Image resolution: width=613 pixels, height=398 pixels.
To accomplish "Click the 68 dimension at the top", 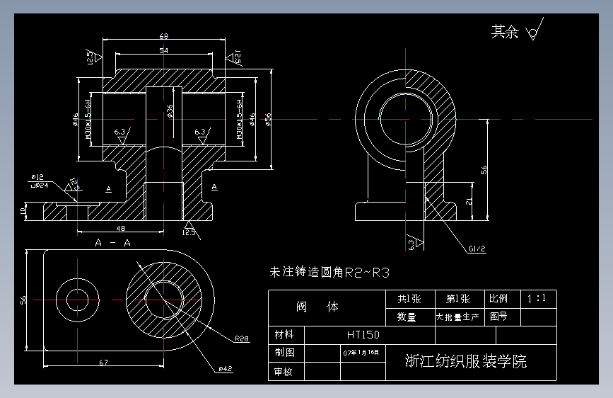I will tap(163, 35).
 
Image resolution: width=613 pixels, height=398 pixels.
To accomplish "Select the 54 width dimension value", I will tap(163, 51).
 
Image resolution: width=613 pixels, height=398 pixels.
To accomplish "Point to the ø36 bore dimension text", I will tap(170, 111).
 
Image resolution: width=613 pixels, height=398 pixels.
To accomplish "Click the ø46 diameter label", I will tap(75, 119).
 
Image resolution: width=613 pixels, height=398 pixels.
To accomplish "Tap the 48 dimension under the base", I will tap(121, 228).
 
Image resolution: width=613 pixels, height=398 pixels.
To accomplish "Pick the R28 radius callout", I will tap(242, 338).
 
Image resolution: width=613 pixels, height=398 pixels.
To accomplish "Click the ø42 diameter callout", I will tap(226, 369).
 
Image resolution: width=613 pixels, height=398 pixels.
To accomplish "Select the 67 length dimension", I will tap(103, 363).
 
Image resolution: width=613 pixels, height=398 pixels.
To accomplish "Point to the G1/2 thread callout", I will tap(477, 249).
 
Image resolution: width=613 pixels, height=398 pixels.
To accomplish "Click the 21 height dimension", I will tap(469, 202).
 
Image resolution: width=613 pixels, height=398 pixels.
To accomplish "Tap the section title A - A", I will tap(112, 243).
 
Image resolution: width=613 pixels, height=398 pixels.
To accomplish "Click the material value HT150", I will tap(363, 334).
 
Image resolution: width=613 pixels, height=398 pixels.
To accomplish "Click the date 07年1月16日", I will tap(361, 352).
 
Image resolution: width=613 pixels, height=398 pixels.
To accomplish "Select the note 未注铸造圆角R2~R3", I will tap(329, 271).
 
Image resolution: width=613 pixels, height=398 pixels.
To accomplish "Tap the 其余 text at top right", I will tap(505, 32).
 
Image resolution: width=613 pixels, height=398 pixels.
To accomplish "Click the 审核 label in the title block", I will tap(284, 370).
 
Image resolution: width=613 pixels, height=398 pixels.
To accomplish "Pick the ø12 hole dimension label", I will tap(37, 176).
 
